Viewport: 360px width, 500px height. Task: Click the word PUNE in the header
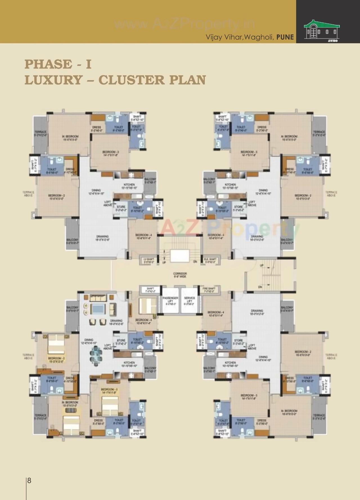click(285, 37)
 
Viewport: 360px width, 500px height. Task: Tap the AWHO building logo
click(322, 31)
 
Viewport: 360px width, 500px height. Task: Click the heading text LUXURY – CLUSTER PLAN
click(115, 80)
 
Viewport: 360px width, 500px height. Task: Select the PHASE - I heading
click(58, 64)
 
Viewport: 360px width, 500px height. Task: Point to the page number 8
click(29, 480)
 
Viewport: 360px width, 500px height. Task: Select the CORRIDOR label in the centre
click(180, 275)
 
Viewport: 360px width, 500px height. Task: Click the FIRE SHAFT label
click(209, 290)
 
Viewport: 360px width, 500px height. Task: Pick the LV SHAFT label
click(149, 260)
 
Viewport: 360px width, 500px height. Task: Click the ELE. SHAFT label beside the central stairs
click(210, 260)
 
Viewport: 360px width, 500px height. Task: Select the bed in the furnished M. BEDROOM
click(71, 423)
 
